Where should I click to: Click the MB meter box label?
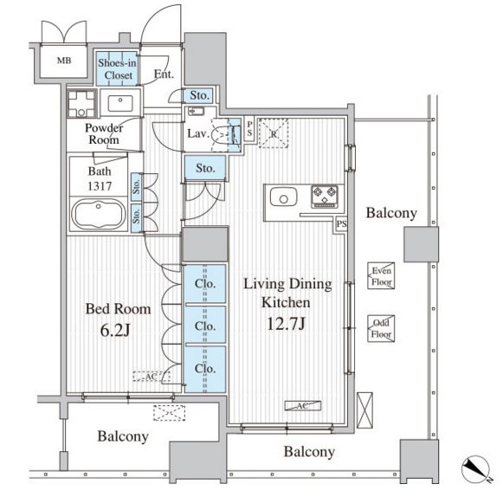[64, 61]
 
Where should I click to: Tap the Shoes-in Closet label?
[118, 69]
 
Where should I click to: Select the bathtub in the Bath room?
[99, 214]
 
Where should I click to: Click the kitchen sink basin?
[283, 197]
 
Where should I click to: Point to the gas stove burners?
[325, 197]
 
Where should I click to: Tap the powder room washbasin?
[120, 103]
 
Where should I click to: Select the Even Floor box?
[381, 276]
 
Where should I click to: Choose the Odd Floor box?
[381, 328]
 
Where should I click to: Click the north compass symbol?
[476, 468]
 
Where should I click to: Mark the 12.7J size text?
[286, 324]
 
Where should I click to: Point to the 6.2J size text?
[115, 330]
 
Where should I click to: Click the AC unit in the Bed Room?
[152, 377]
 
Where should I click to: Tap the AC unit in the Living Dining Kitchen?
[302, 406]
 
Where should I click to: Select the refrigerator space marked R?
[274, 133]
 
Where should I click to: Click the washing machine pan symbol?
[81, 104]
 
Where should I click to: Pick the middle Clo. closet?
[204, 325]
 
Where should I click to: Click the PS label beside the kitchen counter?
[341, 223]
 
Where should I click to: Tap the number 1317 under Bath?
[100, 186]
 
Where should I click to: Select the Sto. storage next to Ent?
[199, 95]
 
